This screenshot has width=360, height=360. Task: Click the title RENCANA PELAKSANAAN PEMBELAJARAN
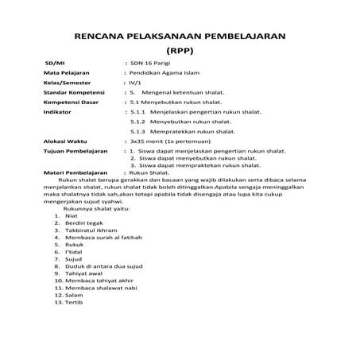(x=180, y=37)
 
